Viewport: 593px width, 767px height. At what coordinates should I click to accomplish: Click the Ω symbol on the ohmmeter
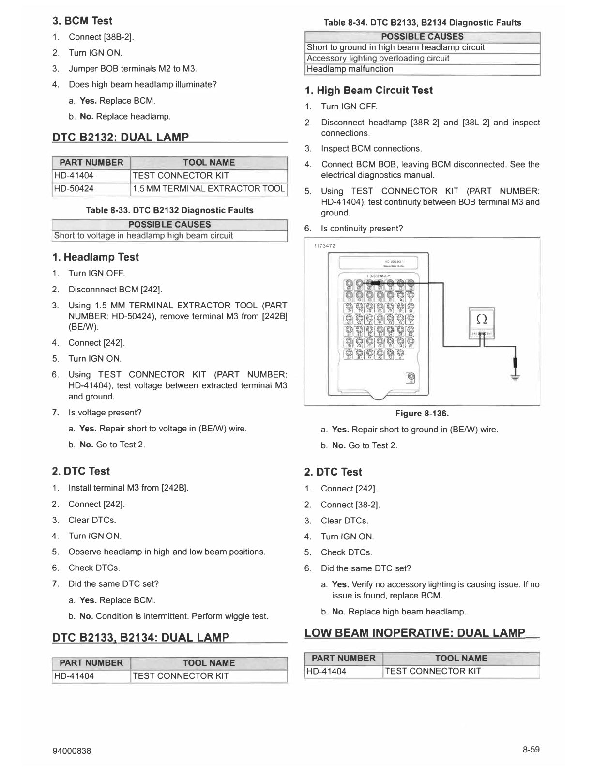click(481, 318)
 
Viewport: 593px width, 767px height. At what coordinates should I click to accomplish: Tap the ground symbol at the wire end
click(517, 378)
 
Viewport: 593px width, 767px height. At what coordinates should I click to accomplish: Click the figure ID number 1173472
click(324, 245)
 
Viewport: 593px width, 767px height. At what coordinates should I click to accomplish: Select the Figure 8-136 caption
click(422, 413)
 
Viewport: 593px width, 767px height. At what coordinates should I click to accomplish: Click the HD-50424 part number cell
click(74, 188)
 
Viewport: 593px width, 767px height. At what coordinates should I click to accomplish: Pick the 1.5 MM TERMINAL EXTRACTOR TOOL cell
click(209, 188)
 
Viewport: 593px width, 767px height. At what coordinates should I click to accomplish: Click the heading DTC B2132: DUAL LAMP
click(121, 137)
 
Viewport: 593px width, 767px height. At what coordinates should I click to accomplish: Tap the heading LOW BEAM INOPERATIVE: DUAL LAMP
click(415, 633)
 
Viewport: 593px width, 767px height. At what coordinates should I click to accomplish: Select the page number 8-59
click(531, 750)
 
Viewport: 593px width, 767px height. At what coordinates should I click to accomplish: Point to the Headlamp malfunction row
click(350, 69)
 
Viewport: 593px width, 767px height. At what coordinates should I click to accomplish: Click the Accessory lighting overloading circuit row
click(378, 58)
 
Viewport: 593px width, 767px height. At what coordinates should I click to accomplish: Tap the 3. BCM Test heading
click(82, 21)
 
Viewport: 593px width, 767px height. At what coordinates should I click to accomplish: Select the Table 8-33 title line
click(169, 210)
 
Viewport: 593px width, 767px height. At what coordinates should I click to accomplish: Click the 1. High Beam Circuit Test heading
click(369, 90)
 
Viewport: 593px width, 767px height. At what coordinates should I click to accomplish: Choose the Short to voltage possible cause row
click(144, 236)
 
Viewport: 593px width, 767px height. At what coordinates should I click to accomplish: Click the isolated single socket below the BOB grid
click(411, 377)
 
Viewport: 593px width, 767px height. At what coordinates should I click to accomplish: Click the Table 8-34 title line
click(422, 23)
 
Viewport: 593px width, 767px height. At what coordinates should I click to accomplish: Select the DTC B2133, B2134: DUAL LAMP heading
click(141, 637)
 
